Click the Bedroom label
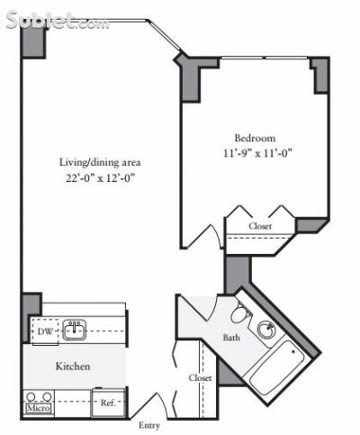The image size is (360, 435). coord(255,138)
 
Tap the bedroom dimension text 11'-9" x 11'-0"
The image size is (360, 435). coord(257,153)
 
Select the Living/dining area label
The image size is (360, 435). coord(100,162)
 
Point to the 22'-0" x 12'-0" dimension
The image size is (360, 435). coord(100,178)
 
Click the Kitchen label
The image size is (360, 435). coord(73,367)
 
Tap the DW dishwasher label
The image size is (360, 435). coord(45,331)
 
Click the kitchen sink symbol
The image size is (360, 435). coord(74,330)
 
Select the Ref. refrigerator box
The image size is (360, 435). coord(108,403)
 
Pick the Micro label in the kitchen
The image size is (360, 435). coord(39,408)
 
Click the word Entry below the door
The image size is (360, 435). coord(149,425)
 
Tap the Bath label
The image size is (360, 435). coord(231,338)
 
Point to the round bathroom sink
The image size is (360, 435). coord(266,329)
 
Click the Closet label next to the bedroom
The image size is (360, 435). coord(260,226)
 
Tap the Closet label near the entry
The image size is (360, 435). coord(200,377)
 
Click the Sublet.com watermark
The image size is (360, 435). coord(57,21)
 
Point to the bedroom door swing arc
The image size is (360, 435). coord(217,235)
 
